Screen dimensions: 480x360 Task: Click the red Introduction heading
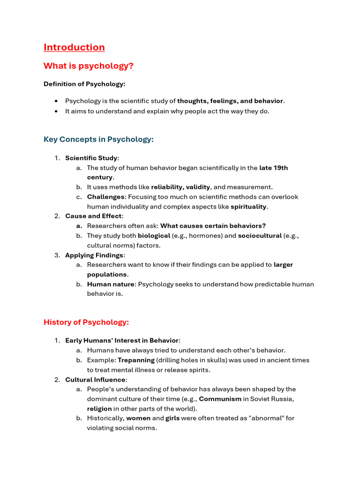pyautogui.click(x=74, y=47)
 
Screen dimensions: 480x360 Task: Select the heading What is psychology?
pyautogui.click(x=88, y=66)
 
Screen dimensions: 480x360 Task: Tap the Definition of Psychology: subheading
pyautogui.click(x=84, y=84)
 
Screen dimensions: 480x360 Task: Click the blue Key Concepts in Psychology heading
pyautogui.click(x=98, y=139)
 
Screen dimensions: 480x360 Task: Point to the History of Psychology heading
pyautogui.click(x=86, y=322)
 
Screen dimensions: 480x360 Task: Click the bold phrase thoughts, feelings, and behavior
pyautogui.click(x=230, y=101)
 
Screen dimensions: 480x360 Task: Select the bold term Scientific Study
pyautogui.click(x=91, y=158)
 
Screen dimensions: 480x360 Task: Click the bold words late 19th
pyautogui.click(x=273, y=168)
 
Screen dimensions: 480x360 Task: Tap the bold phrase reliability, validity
pyautogui.click(x=180, y=187)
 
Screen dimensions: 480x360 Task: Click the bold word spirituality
pyautogui.click(x=248, y=206)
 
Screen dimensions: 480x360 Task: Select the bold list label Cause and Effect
pyautogui.click(x=93, y=216)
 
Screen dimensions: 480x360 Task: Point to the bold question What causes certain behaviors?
pyautogui.click(x=213, y=226)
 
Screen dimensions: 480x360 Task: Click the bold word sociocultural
pyautogui.click(x=260, y=236)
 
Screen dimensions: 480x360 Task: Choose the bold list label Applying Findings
pyautogui.click(x=94, y=255)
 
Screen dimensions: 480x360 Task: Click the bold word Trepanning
pyautogui.click(x=136, y=360)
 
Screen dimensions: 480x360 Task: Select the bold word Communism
pyautogui.click(x=220, y=398)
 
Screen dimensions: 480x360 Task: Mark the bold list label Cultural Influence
pyautogui.click(x=95, y=380)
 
